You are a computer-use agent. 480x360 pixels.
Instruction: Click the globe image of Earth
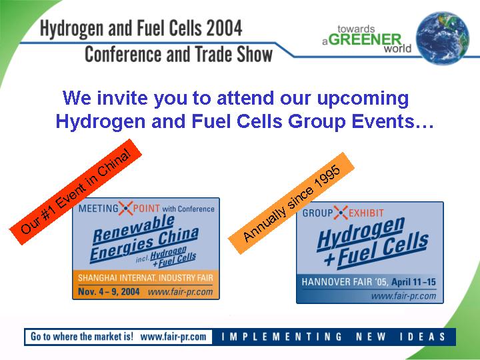pyautogui.click(x=443, y=38)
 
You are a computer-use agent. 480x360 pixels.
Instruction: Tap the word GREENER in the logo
pyautogui.click(x=365, y=40)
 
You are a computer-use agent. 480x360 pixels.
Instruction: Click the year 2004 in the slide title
pyautogui.click(x=224, y=28)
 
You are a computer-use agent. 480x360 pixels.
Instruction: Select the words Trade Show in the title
pyautogui.click(x=233, y=54)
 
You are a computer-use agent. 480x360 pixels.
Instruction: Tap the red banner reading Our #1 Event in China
pyautogui.click(x=75, y=192)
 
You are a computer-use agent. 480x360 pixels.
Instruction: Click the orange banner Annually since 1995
pyautogui.click(x=291, y=203)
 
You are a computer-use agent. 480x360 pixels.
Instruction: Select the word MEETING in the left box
pyautogui.click(x=98, y=209)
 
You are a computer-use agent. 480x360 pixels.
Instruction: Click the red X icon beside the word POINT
pyautogui.click(x=125, y=208)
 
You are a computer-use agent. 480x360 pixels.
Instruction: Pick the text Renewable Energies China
pyautogui.click(x=144, y=239)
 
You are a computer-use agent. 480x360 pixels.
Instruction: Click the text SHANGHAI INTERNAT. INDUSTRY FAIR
pyautogui.click(x=145, y=278)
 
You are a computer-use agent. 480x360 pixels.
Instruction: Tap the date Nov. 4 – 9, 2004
pyautogui.click(x=109, y=291)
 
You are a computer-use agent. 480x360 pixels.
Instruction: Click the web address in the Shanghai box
pyautogui.click(x=180, y=292)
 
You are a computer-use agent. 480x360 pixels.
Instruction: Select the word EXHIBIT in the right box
pyautogui.click(x=366, y=213)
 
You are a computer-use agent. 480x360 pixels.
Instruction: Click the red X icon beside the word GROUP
pyautogui.click(x=341, y=213)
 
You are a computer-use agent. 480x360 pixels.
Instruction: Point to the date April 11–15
pyautogui.click(x=413, y=282)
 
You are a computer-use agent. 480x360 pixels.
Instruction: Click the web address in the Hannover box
pyautogui.click(x=403, y=296)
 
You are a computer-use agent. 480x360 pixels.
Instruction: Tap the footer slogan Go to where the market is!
pyautogui.click(x=82, y=337)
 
